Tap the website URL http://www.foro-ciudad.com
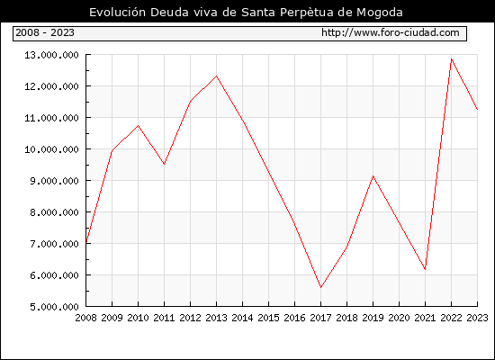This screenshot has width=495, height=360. pos(391,32)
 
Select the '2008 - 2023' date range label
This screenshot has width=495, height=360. pos(45,32)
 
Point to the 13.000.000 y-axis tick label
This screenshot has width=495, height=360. pos(52,55)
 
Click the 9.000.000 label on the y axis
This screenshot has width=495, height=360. pos(55,181)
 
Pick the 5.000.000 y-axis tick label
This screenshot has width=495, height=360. pos(55,307)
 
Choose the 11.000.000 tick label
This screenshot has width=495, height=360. pos(52,118)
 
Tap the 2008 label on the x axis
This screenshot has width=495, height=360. pos(85,318)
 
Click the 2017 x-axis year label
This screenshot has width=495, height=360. pos(320,318)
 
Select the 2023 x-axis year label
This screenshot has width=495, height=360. pos(477,318)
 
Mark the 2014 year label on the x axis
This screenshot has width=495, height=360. pos(242,318)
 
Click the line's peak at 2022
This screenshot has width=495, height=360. pos(452,59)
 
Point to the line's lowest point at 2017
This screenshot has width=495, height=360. pos(320,287)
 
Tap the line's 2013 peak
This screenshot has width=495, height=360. pos(217,76)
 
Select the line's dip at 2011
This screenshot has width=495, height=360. pos(164,164)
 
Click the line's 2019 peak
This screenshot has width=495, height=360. pos(373,175)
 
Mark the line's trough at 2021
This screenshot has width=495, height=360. pos(425,269)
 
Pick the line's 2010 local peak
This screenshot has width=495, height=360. pos(139,126)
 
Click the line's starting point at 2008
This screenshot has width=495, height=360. pos(86,242)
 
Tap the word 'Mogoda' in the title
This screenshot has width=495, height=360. pos(380,13)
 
